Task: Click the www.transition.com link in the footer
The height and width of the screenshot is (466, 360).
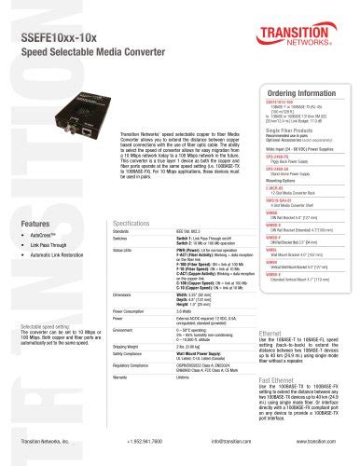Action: (314, 450)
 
